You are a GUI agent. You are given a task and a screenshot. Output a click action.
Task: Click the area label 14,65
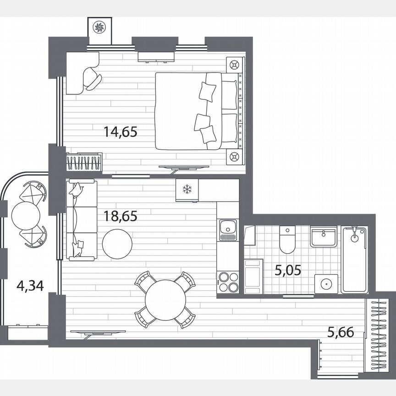tap(121, 132)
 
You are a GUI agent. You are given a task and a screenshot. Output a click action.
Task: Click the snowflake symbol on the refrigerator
tap(187, 189)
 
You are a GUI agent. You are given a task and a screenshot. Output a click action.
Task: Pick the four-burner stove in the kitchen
tap(228, 282)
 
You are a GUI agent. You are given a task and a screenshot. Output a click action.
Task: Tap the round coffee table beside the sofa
tap(117, 243)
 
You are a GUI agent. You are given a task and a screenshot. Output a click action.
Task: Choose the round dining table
tap(165, 300)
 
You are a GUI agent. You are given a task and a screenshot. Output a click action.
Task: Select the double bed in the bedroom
tap(197, 111)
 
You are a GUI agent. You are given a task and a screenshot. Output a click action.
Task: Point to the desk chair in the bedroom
tap(93, 79)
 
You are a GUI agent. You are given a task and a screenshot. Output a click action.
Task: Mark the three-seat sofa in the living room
tap(81, 220)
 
